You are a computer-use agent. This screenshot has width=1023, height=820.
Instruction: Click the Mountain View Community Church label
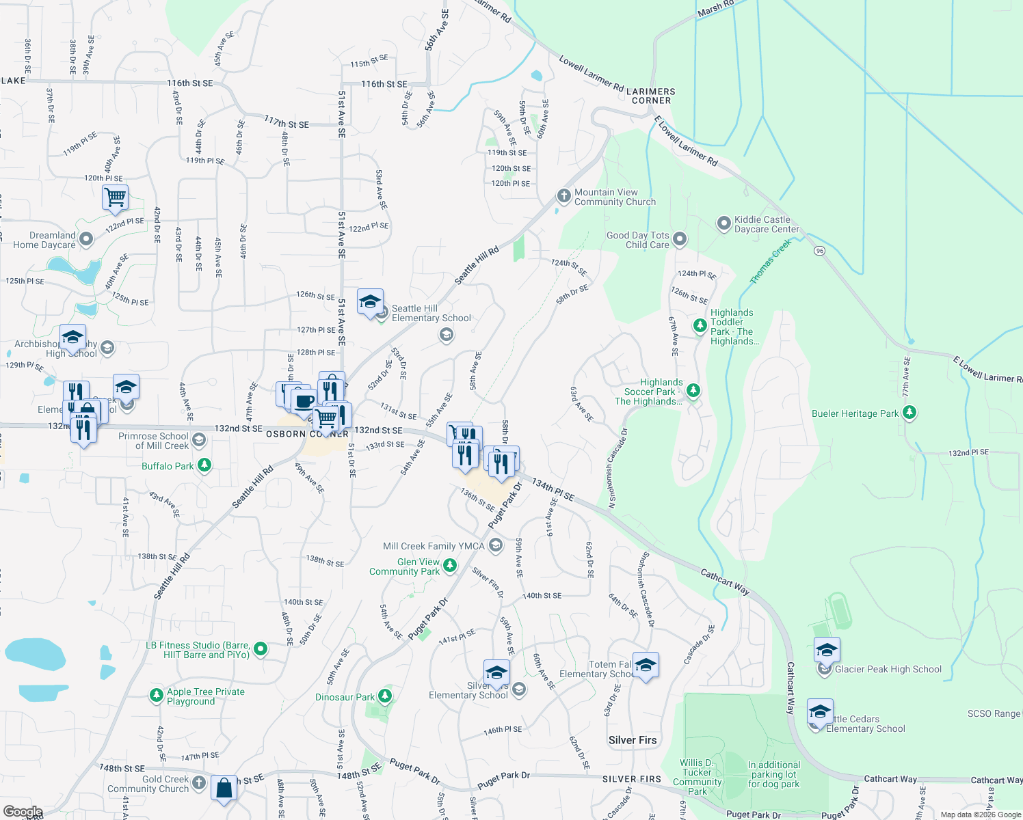pyautogui.click(x=615, y=197)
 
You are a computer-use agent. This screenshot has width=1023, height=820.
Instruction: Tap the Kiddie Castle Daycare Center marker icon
pyautogui.click(x=723, y=223)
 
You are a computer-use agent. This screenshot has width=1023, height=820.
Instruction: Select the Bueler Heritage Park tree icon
pyautogui.click(x=909, y=412)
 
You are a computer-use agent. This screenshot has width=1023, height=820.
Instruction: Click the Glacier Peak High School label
pyautogui.click(x=888, y=669)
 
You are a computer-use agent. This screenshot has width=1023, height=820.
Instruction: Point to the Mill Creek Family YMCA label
pyautogui.click(x=434, y=546)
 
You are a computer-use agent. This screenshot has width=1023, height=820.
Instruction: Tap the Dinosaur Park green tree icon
pyautogui.click(x=384, y=696)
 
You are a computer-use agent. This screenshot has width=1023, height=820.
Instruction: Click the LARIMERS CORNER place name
pyautogui.click(x=651, y=96)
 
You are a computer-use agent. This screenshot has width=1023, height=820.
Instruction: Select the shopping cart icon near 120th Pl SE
pyautogui.click(x=116, y=198)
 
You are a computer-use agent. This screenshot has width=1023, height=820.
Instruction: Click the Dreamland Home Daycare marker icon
pyautogui.click(x=86, y=239)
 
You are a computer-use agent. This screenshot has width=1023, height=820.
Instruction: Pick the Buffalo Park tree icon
pyautogui.click(x=204, y=465)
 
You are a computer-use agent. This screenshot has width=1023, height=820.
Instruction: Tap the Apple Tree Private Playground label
pyautogui.click(x=205, y=696)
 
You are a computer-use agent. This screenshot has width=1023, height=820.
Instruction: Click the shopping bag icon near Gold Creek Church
pyautogui.click(x=224, y=788)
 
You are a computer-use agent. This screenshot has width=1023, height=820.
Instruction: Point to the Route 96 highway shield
pyautogui.click(x=819, y=251)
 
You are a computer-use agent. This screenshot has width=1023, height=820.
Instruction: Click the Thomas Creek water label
pyautogui.click(x=771, y=261)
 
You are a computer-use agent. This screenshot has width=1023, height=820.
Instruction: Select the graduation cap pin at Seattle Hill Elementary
pyautogui.click(x=370, y=301)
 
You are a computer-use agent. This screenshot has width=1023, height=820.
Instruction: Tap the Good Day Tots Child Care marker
pyautogui.click(x=679, y=238)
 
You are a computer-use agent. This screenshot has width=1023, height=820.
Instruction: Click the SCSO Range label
pyautogui.click(x=993, y=713)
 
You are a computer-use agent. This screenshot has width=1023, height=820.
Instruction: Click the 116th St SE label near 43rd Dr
pyautogui.click(x=189, y=83)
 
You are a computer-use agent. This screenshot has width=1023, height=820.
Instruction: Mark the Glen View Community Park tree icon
pyautogui.click(x=449, y=565)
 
